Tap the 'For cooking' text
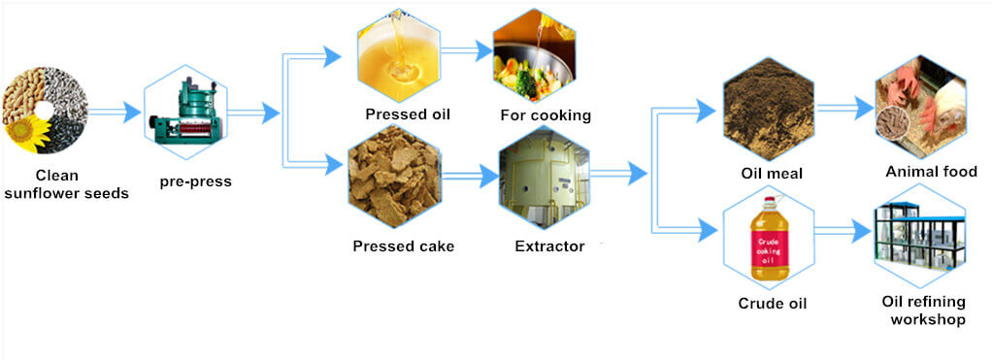pos(546,115)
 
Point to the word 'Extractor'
pos(549,246)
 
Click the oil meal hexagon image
pos(768,110)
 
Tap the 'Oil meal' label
pos(771,173)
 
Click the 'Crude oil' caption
pos(773,303)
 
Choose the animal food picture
pos(919,109)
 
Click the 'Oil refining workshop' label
pos(923,310)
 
